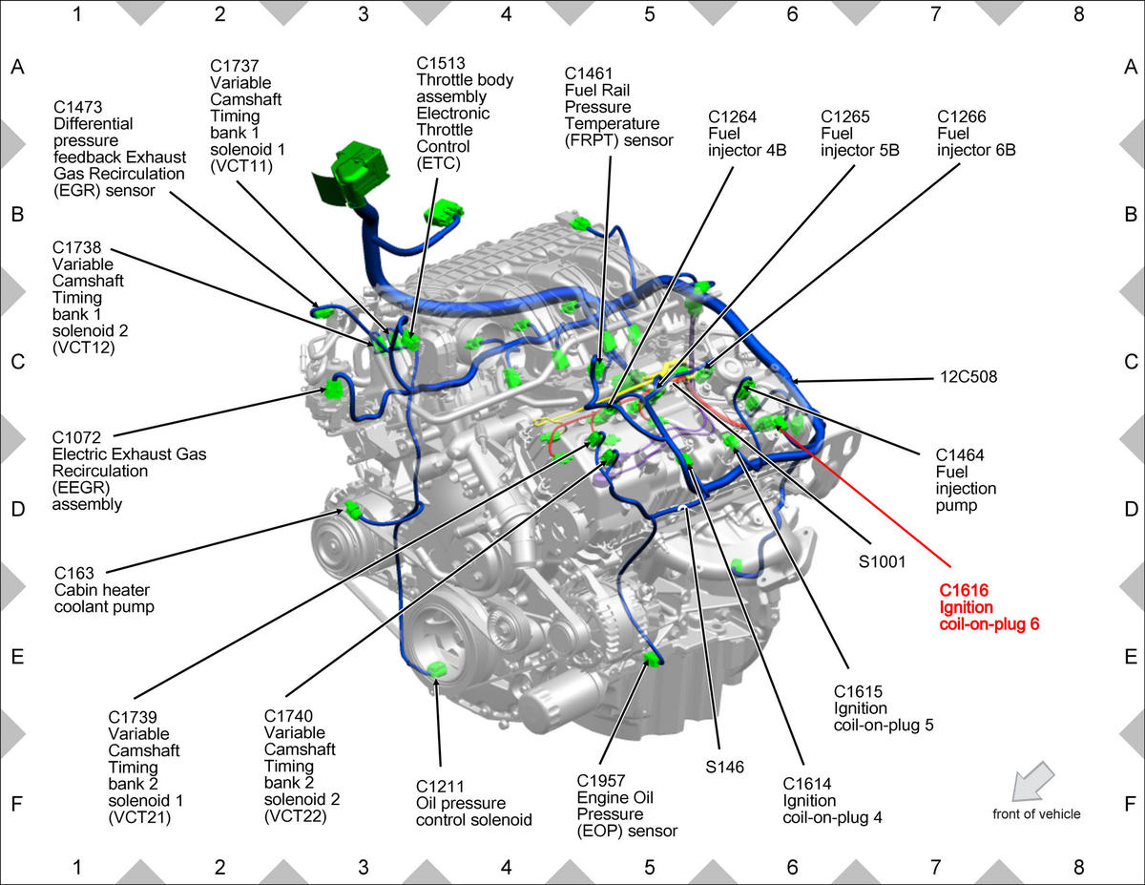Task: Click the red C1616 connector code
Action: pos(964,590)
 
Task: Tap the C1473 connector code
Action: pos(77,107)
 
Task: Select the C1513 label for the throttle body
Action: pos(441,63)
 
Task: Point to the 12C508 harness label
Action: pos(968,377)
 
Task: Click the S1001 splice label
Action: pos(882,562)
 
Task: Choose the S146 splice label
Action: pos(724,767)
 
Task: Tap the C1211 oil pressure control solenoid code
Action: pos(440,787)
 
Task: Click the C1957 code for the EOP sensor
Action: pos(601,781)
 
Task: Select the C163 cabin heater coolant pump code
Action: pos(73,573)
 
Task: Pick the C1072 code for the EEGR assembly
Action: pos(76,437)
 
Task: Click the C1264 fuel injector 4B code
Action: pos(732,116)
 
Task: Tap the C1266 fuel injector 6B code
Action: pos(961,116)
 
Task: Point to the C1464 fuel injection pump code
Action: pos(960,454)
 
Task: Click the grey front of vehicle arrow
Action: pos(1031,781)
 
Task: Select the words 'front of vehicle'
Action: pos(1036,814)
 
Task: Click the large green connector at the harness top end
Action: pos(354,170)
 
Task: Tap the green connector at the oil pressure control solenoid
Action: pos(437,669)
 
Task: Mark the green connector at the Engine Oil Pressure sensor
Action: pos(654,659)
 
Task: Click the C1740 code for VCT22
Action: pos(288,716)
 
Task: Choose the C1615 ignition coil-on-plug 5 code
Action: pos(858,691)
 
